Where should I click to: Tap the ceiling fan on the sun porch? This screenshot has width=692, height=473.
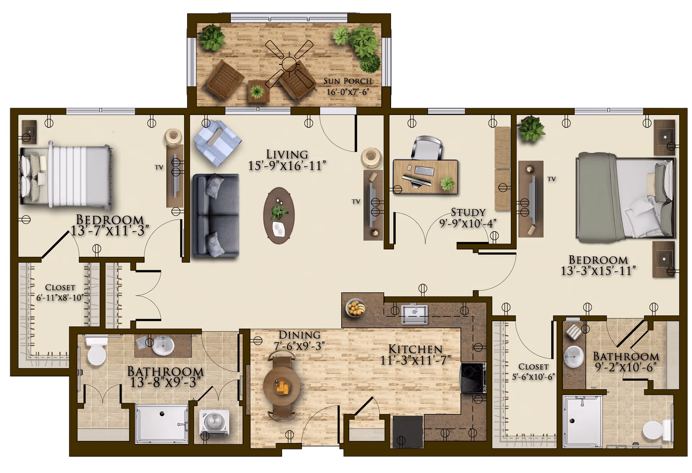click(x=289, y=64)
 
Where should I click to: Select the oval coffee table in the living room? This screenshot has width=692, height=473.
click(x=279, y=215)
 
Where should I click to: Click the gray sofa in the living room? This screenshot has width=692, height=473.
click(x=216, y=215)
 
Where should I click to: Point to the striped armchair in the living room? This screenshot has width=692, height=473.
click(x=217, y=143)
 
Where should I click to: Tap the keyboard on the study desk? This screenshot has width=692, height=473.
click(x=424, y=171)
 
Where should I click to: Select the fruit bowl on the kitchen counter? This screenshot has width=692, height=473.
click(x=355, y=308)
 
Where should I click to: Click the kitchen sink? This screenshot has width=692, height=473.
click(x=414, y=314)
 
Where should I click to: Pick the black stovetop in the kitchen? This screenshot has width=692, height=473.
click(x=473, y=378)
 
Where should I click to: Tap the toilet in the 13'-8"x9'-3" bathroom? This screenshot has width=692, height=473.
click(x=96, y=349)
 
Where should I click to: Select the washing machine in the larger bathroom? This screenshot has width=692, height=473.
click(x=214, y=422)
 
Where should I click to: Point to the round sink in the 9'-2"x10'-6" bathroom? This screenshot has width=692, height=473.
click(x=573, y=356)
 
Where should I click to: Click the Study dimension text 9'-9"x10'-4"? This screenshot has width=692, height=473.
click(x=468, y=224)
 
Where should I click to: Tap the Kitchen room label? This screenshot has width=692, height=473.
click(x=415, y=349)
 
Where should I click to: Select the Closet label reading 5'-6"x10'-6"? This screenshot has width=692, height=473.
click(x=533, y=372)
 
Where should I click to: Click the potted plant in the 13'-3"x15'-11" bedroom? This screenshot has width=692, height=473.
click(x=531, y=128)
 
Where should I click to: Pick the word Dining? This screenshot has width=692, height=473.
click(x=299, y=335)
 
